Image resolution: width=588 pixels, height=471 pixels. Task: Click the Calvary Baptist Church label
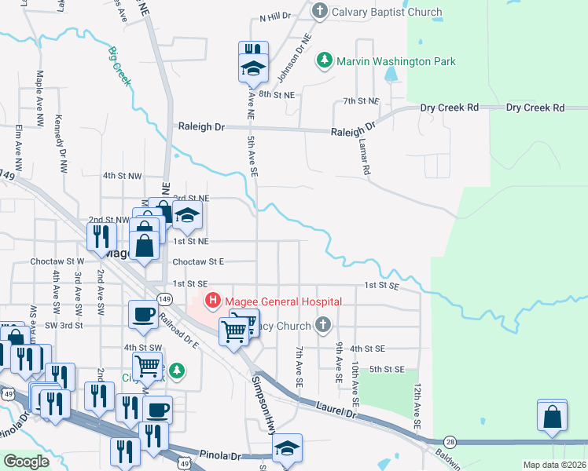(387, 12)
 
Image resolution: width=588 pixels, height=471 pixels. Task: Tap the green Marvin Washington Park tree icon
(323, 60)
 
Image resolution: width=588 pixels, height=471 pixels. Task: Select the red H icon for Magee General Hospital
(212, 301)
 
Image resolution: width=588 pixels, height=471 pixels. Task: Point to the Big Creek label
(120, 65)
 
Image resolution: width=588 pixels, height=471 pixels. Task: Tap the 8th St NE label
(276, 94)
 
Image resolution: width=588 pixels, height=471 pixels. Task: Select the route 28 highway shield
(450, 443)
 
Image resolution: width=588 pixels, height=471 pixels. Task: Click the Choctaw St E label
(198, 261)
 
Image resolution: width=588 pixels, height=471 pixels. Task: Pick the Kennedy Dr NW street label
(59, 144)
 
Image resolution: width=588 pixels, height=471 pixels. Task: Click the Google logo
(27, 462)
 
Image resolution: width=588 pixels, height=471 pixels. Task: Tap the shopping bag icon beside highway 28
(552, 419)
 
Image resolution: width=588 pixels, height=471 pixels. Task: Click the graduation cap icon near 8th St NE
(254, 68)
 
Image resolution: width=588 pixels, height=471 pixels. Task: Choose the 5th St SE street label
(386, 369)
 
